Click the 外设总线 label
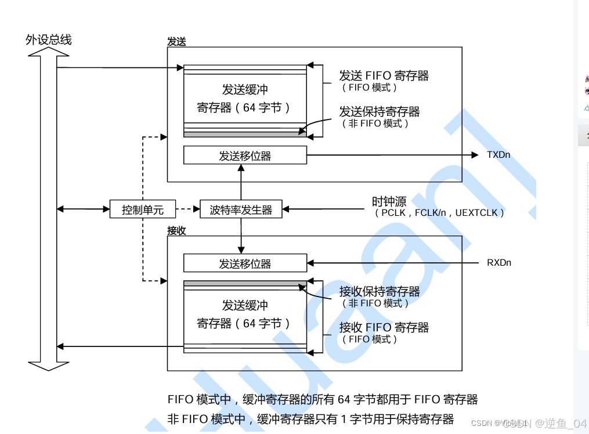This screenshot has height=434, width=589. click(x=49, y=39)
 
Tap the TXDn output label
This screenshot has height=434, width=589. click(x=499, y=155)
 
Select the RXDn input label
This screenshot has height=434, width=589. click(x=499, y=263)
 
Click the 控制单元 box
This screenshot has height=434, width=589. click(x=142, y=209)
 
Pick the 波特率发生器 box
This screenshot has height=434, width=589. click(x=241, y=209)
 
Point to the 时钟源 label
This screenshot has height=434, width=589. click(x=389, y=201)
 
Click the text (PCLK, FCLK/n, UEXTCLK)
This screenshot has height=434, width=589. click(x=439, y=213)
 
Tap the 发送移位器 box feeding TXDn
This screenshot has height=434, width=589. click(x=245, y=155)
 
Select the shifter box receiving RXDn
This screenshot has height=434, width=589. click(x=245, y=263)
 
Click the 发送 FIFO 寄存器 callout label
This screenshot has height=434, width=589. click(x=384, y=75)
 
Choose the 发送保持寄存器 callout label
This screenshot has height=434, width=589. click(x=380, y=111)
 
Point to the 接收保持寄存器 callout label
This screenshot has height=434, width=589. click(x=380, y=291)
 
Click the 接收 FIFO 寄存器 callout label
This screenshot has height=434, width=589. click(x=384, y=327)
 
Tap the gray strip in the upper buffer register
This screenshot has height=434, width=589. click(x=245, y=135)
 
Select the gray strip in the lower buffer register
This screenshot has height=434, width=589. click(x=245, y=284)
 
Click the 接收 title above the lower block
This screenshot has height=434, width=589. click(x=176, y=230)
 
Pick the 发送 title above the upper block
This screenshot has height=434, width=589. click(x=176, y=42)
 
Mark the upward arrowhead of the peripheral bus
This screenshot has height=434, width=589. click(x=49, y=52)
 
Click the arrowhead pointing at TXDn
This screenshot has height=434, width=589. click(x=474, y=155)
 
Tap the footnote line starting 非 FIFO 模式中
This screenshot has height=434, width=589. click(x=310, y=419)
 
